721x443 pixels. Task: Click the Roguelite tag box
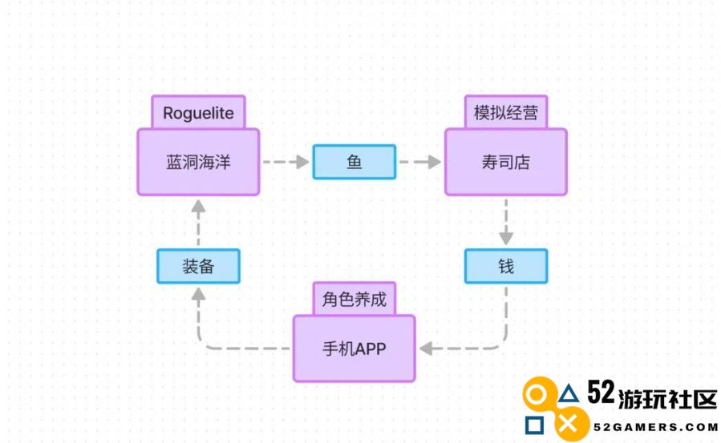pos(198,111)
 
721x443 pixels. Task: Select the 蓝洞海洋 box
pos(198,162)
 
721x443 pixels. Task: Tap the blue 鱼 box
pos(354,162)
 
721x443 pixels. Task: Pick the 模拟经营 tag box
pos(506,111)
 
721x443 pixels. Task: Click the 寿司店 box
pos(506,162)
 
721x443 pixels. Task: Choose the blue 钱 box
pos(506,266)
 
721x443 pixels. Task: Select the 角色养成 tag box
pos(354,298)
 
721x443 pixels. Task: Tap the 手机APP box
pos(354,348)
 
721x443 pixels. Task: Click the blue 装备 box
pos(198,266)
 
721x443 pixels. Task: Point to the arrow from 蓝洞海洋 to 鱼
pos(286,162)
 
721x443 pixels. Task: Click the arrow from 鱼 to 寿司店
pos(419,162)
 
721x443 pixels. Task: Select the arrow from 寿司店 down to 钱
pos(506,222)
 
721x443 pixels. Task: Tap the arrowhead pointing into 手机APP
pos(426,348)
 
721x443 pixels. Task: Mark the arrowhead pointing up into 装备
pos(198,294)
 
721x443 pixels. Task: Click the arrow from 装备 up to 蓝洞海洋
pos(198,223)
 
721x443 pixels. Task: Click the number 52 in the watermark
pos(601,393)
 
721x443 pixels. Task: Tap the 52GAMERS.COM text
pos(655,427)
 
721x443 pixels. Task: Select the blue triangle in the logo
pos(569,394)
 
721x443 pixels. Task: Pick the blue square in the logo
pos(534,425)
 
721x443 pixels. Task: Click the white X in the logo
pos(569,425)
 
